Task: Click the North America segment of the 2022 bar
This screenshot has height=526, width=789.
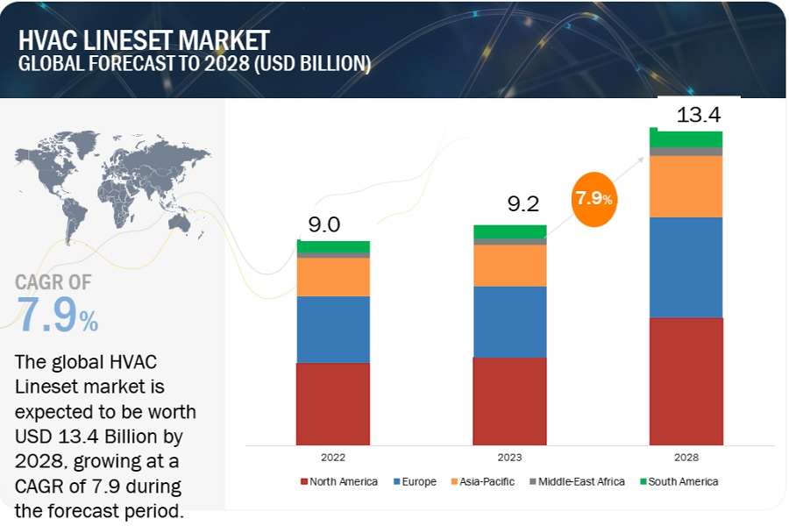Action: pyautogui.click(x=333, y=403)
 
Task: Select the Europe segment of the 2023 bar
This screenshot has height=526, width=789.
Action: pyautogui.click(x=509, y=322)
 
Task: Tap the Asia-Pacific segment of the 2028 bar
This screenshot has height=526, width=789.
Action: pyautogui.click(x=686, y=186)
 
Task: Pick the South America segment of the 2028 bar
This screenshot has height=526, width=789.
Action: pyautogui.click(x=686, y=139)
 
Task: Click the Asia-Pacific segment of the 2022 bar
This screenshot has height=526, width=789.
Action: pyautogui.click(x=333, y=276)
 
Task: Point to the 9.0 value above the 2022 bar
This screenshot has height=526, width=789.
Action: pyautogui.click(x=324, y=224)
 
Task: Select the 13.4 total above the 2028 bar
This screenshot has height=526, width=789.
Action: pyautogui.click(x=699, y=114)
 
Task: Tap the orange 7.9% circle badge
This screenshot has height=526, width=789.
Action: pyautogui.click(x=594, y=198)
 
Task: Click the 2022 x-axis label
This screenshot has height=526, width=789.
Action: pyautogui.click(x=333, y=458)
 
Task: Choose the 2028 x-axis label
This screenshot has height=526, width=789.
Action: pyautogui.click(x=686, y=458)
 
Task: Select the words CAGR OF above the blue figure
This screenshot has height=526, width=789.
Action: pyautogui.click(x=53, y=282)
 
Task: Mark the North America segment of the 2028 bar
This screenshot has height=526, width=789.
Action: pyautogui.click(x=686, y=381)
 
